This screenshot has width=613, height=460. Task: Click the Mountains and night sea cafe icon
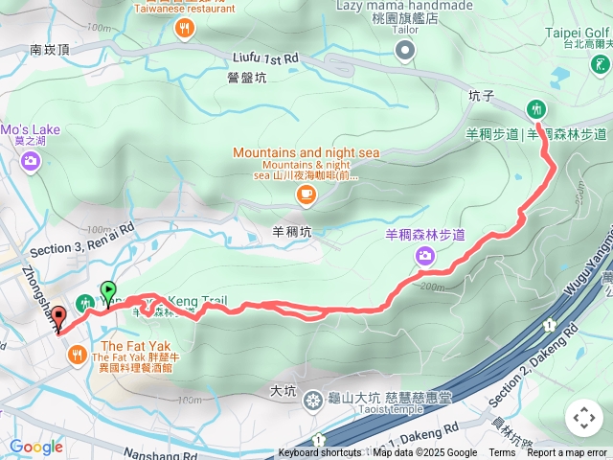(305, 195)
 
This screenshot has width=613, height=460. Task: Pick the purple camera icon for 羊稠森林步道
(425, 255)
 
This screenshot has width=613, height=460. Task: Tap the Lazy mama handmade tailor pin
(406, 50)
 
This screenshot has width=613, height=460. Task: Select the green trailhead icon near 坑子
(536, 108)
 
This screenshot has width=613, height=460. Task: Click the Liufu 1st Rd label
(267, 59)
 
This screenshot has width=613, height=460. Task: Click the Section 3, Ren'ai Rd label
(82, 238)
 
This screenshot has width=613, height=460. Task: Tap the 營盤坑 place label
(247, 77)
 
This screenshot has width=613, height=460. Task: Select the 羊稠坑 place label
(291, 231)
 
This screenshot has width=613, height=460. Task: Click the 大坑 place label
(283, 391)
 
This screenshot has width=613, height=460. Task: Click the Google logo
(36, 446)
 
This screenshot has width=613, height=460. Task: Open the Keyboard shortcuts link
(320, 453)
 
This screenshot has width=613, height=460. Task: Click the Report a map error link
(567, 453)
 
